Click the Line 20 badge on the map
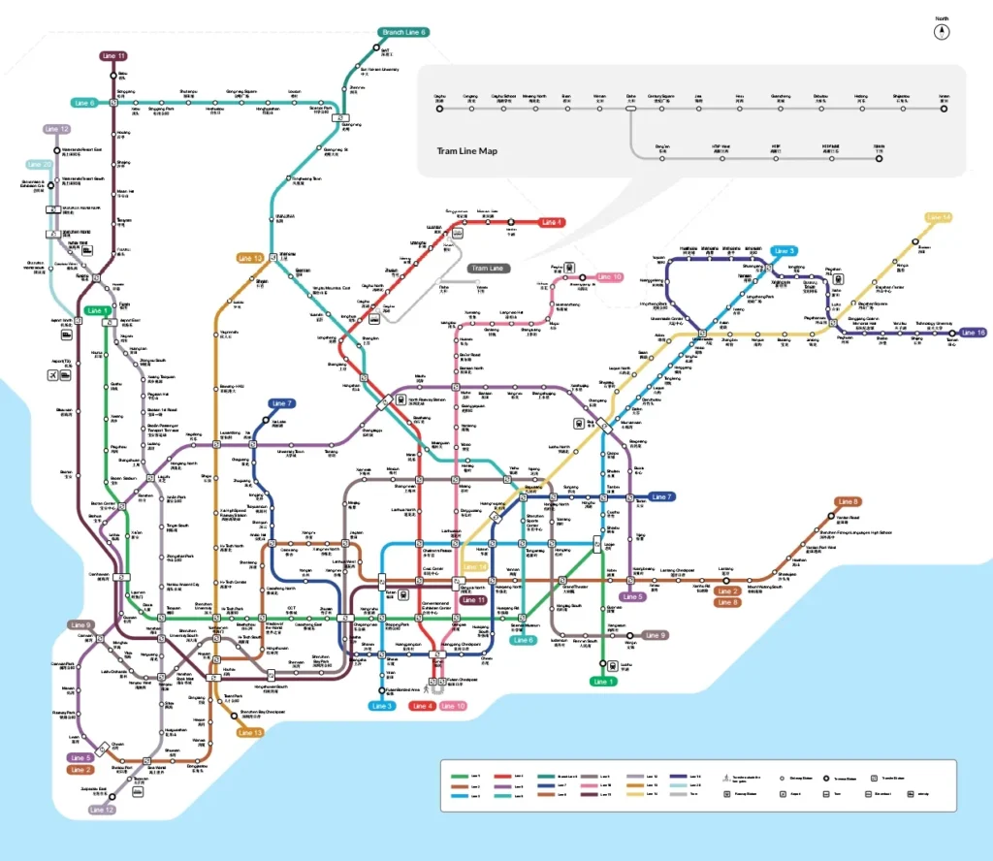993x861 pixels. click(x=40, y=165)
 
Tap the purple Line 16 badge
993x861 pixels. click(x=973, y=333)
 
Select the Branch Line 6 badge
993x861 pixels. click(x=403, y=32)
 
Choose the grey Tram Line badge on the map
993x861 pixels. click(x=486, y=268)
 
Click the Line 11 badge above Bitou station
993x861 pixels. click(x=114, y=56)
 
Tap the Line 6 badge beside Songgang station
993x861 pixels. click(x=84, y=103)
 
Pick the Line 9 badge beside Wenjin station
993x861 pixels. click(x=656, y=635)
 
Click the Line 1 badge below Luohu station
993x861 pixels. click(x=603, y=682)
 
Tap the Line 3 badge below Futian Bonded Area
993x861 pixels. click(x=382, y=706)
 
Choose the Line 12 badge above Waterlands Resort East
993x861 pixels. click(x=56, y=129)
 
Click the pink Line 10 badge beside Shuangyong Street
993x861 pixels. click(x=609, y=277)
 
